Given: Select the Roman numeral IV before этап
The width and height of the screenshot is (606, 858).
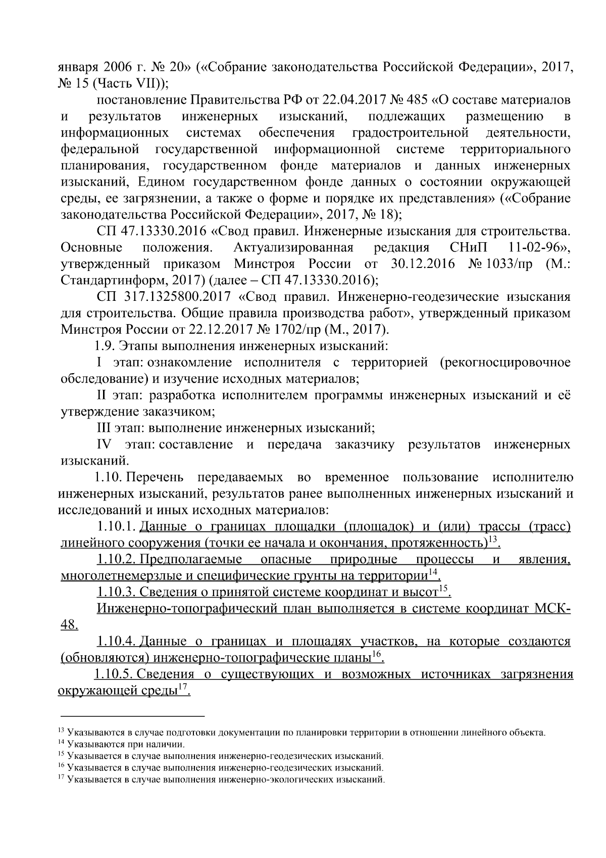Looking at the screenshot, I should (x=104, y=444).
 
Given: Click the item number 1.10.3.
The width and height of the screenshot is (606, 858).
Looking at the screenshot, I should (x=116, y=592).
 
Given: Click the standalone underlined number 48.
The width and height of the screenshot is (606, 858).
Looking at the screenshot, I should (x=68, y=625).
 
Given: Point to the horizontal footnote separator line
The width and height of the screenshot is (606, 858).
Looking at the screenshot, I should (x=132, y=716).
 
